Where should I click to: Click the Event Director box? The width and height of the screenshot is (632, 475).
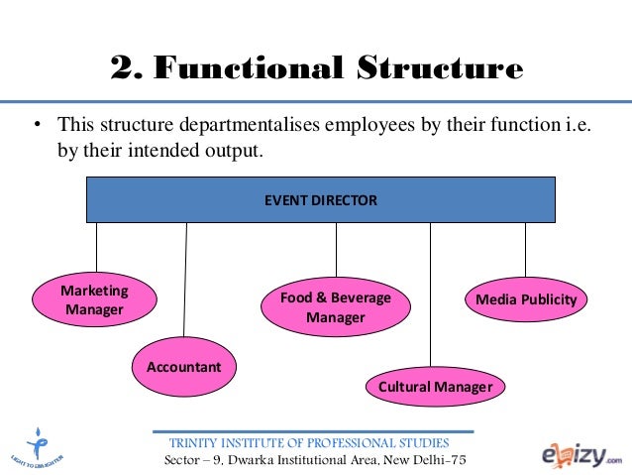pyautogui.click(x=320, y=199)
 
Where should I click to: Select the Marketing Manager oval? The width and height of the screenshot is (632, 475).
pyautogui.click(x=95, y=300)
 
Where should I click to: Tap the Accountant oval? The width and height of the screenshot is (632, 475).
pyautogui.click(x=184, y=367)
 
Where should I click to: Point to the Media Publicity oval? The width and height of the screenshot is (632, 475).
pyautogui.click(x=526, y=299)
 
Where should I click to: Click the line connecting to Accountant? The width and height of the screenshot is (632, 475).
pyautogui.click(x=185, y=278)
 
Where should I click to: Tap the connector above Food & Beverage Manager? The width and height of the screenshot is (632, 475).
pyautogui.click(x=336, y=249)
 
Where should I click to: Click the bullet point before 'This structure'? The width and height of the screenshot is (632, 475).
pyautogui.click(x=37, y=126)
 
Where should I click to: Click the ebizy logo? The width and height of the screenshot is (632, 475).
pyautogui.click(x=579, y=451)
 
